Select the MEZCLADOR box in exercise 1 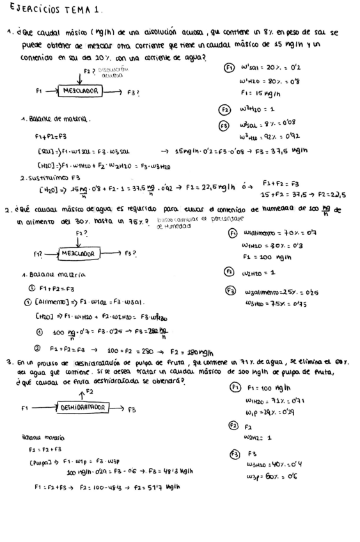coord(80,91)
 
